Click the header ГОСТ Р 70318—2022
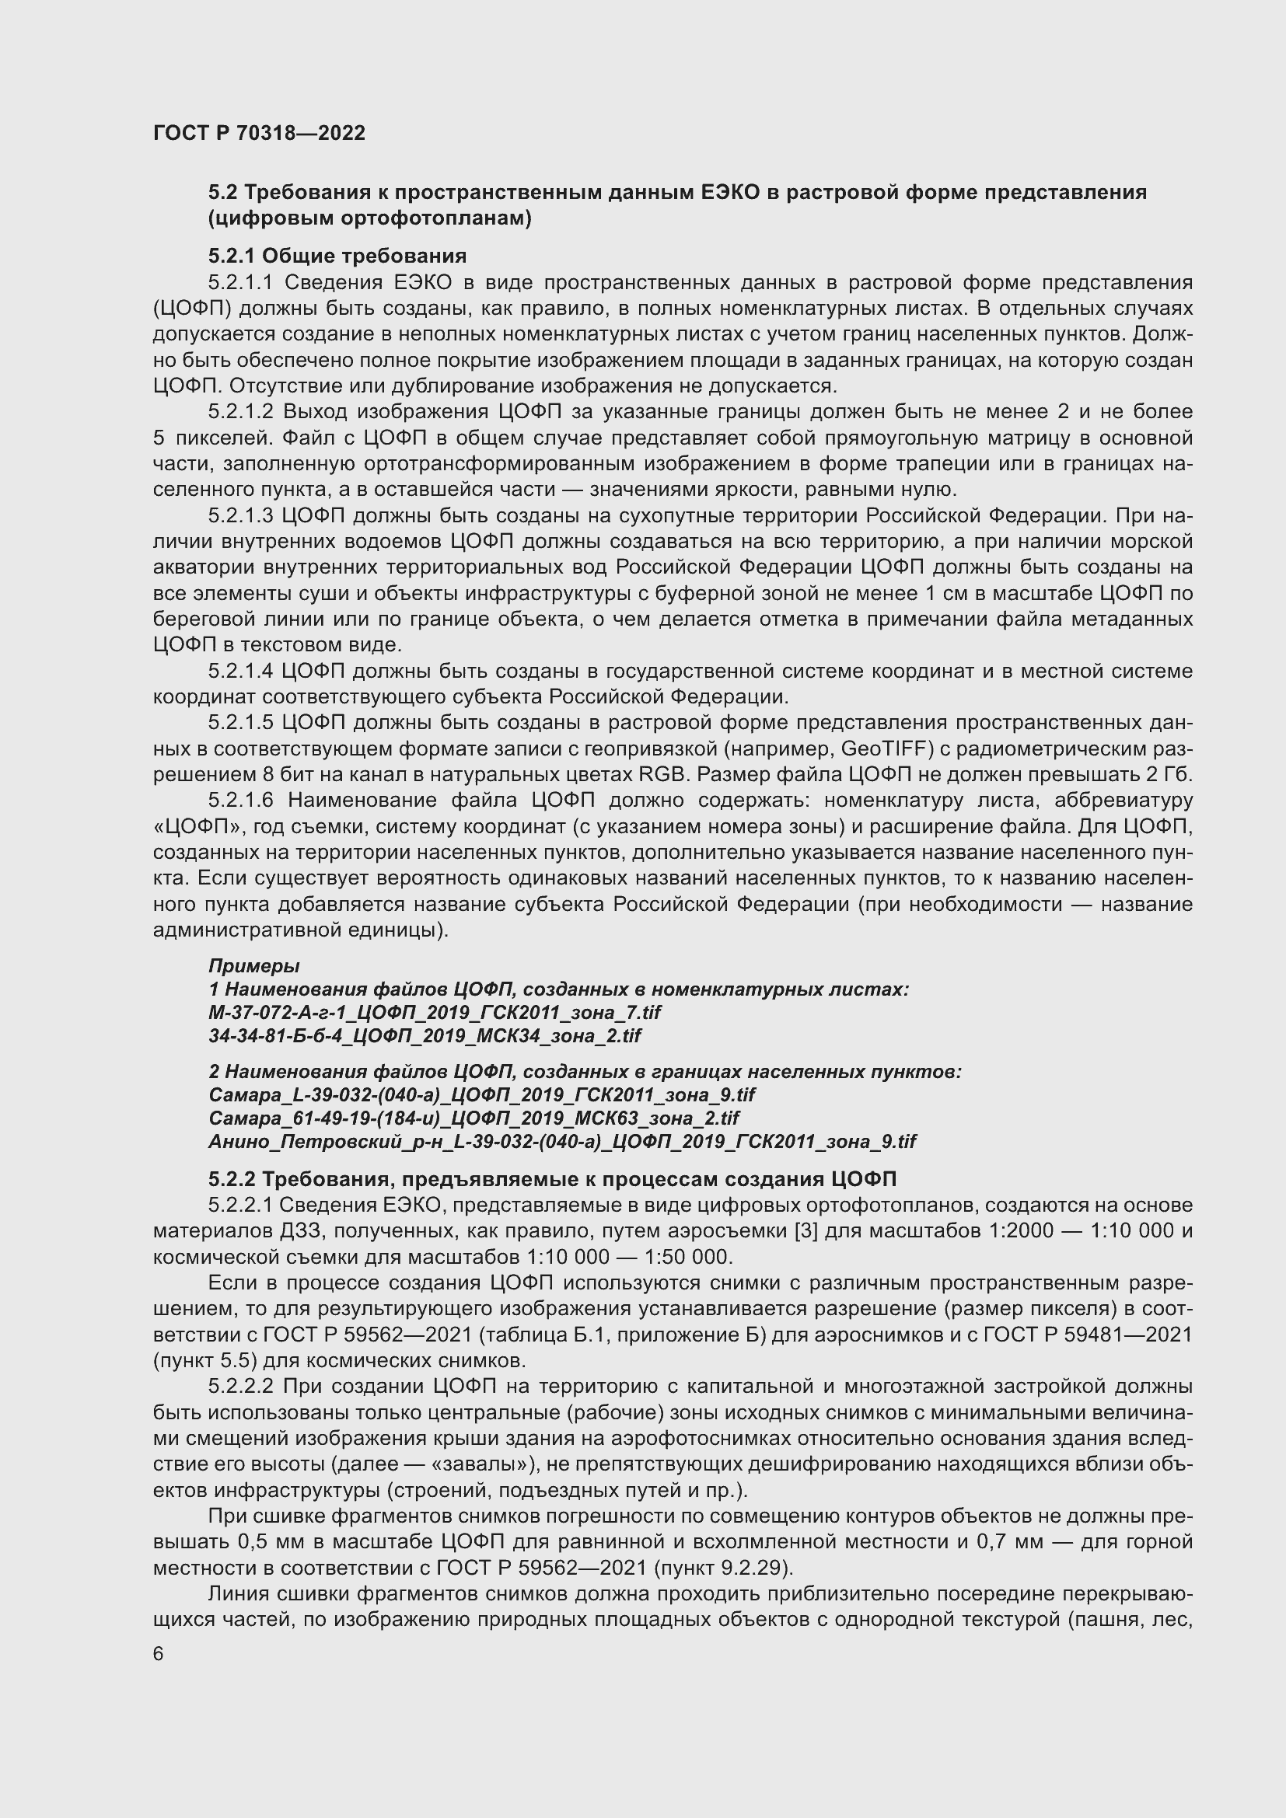pyautogui.click(x=259, y=133)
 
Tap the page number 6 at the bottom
pyautogui.click(x=159, y=1654)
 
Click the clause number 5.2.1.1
pyautogui.click(x=241, y=283)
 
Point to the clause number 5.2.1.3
pyautogui.click(x=241, y=515)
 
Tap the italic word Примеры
pyautogui.click(x=253, y=965)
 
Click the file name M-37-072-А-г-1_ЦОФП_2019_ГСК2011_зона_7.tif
pyautogui.click(x=434, y=1012)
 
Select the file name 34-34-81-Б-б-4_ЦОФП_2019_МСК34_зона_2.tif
pyautogui.click(x=425, y=1035)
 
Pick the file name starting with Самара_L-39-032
pyautogui.click(x=481, y=1094)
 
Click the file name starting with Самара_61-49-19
pyautogui.click(x=474, y=1118)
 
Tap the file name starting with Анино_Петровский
pyautogui.click(x=561, y=1141)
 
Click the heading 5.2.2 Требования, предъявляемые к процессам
pyautogui.click(x=552, y=1179)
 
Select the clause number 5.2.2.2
pyautogui.click(x=241, y=1387)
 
